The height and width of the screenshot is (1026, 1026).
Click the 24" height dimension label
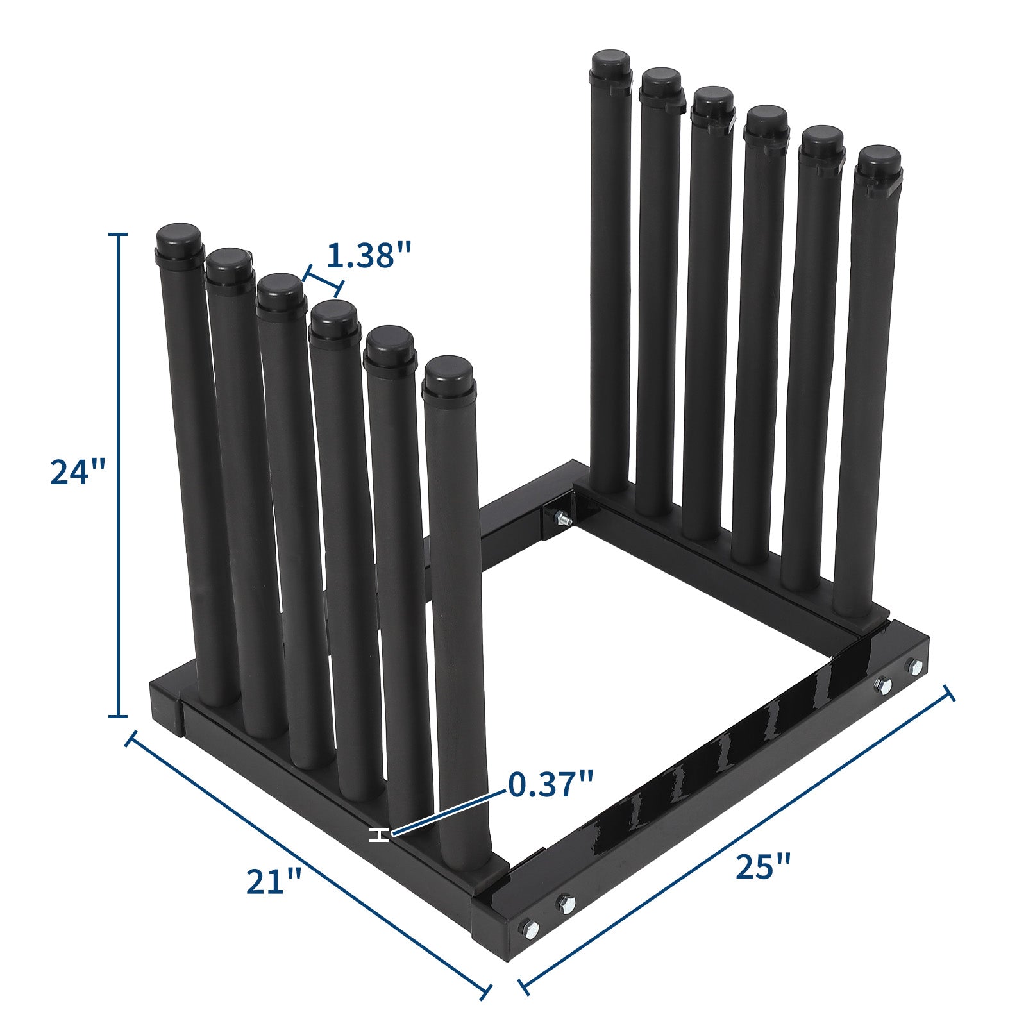[x=78, y=473]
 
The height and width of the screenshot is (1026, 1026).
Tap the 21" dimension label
[x=274, y=881]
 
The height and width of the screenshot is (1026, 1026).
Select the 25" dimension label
[x=762, y=867]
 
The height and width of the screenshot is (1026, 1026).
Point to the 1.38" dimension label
[x=368, y=255]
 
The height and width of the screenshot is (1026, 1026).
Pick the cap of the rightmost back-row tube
[x=880, y=163]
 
